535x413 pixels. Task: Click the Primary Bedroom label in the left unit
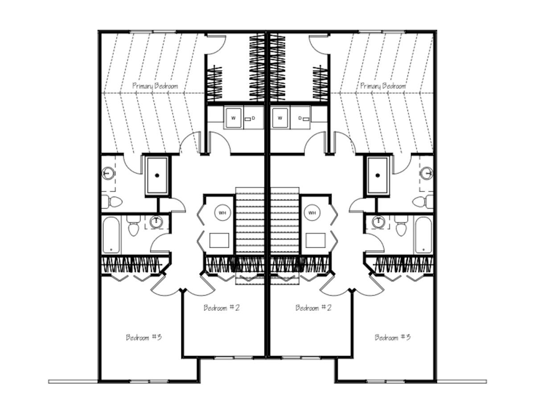coord(155,86)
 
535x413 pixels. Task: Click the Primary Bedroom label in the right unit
coord(383,86)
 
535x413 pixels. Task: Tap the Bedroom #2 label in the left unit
coord(221,308)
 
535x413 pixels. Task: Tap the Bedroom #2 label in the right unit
coord(313,308)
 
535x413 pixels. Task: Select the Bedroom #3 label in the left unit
coord(144,337)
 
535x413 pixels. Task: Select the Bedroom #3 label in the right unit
coord(392,337)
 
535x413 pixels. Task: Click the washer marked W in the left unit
coord(234,118)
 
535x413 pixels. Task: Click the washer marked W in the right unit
coord(280,118)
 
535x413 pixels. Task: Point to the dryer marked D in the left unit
coord(254,118)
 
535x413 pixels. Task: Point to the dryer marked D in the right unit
coord(300,118)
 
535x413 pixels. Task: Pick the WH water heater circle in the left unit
coord(222,213)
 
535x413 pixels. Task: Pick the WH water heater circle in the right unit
coord(312,213)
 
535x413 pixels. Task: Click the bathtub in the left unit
coord(111,235)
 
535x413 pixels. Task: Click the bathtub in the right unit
coord(424,235)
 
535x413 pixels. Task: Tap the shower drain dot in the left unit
coord(157,176)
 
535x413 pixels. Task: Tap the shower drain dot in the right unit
coord(378,176)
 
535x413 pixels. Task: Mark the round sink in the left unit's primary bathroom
coord(108,173)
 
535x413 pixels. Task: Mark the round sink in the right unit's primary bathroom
coord(427,173)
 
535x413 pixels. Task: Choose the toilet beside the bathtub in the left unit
coord(134,225)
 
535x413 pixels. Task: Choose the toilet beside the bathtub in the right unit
coord(401,225)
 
